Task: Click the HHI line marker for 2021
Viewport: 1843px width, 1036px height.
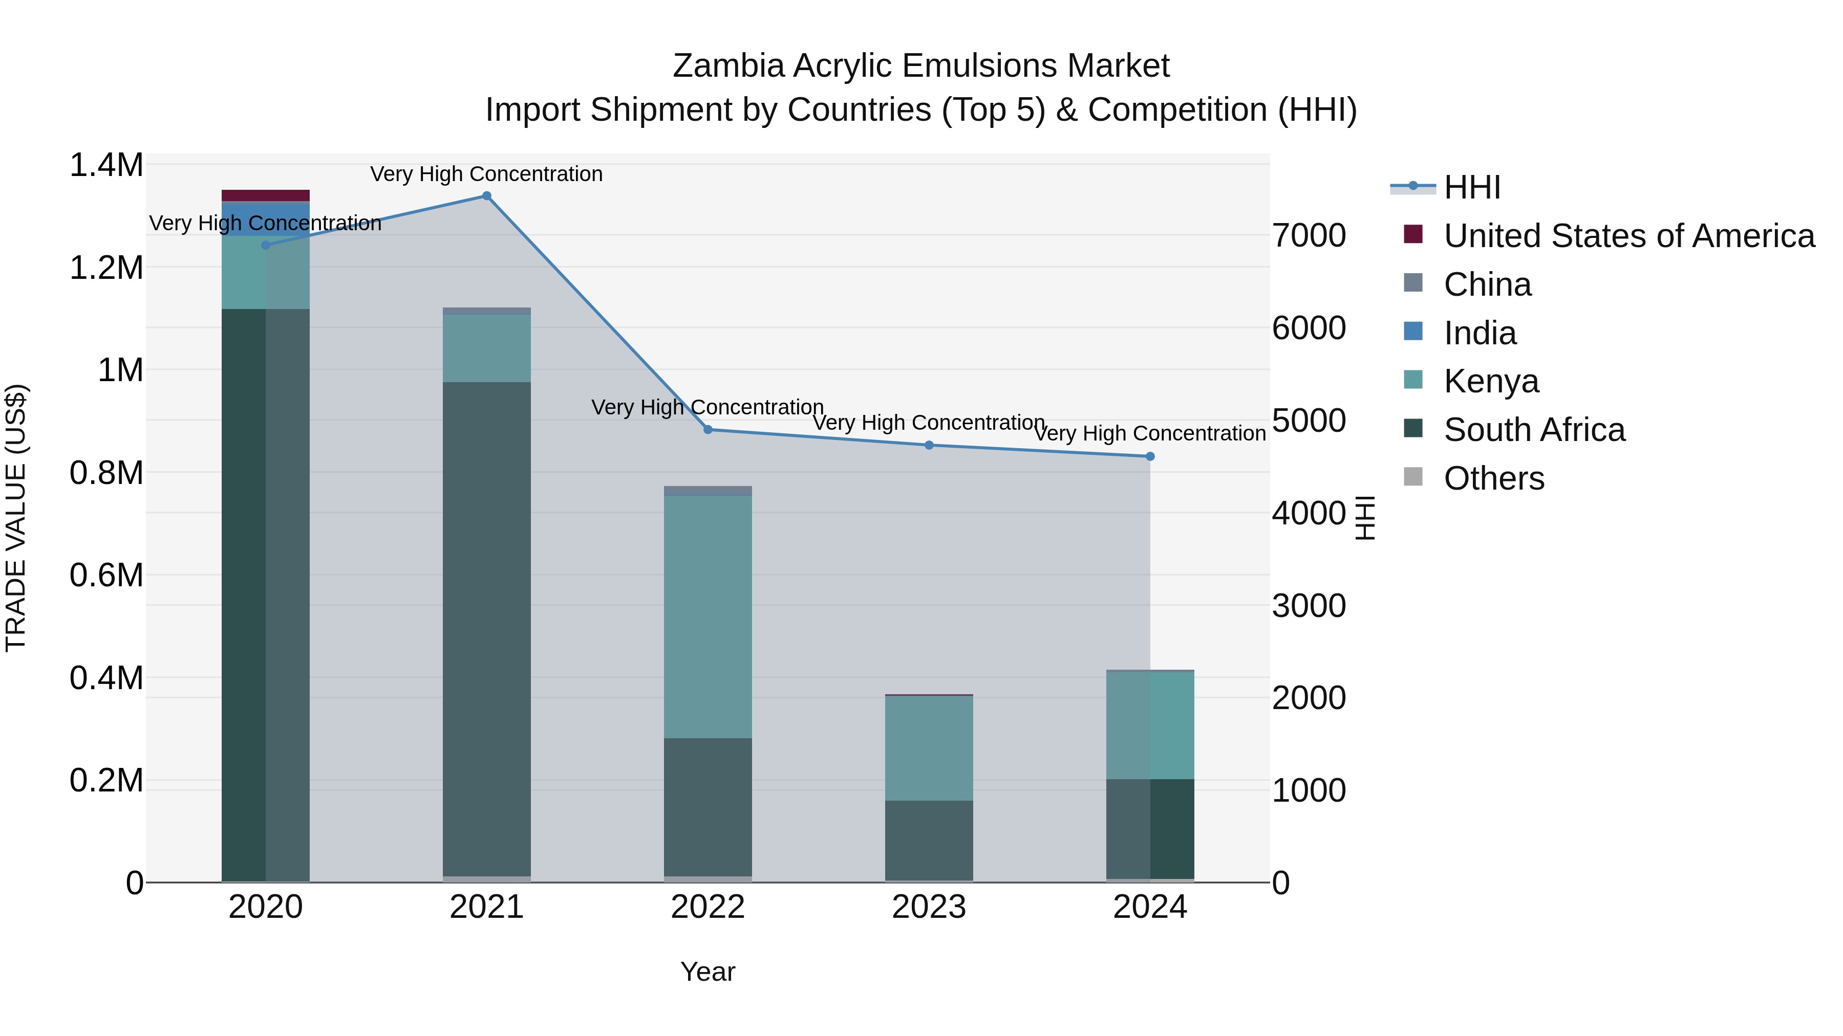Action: point(486,196)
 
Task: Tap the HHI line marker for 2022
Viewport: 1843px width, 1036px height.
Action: point(708,430)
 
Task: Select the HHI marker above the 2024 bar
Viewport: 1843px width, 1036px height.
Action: point(1150,456)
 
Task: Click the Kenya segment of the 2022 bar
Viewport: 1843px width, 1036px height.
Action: point(708,615)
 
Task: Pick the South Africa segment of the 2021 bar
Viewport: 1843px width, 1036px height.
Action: point(486,629)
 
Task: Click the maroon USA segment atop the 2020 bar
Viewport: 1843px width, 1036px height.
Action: point(265,195)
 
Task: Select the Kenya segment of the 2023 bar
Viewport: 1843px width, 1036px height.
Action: point(929,747)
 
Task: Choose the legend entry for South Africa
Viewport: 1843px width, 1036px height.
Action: point(1534,430)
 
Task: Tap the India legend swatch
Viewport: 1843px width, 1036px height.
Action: point(1413,332)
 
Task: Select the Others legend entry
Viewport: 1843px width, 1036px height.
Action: point(1493,478)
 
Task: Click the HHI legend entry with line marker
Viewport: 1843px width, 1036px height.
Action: point(1472,187)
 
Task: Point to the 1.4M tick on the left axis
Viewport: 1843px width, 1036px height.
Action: point(106,165)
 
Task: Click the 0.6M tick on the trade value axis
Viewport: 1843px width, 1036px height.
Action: point(106,575)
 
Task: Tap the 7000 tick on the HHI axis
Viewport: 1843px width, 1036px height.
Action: point(1309,235)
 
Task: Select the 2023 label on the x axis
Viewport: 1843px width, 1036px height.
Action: point(929,907)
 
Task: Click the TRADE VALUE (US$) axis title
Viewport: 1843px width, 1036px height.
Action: point(16,518)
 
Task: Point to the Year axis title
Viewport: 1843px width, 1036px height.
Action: point(708,972)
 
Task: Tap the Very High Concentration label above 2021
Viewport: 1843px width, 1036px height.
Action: point(486,174)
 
